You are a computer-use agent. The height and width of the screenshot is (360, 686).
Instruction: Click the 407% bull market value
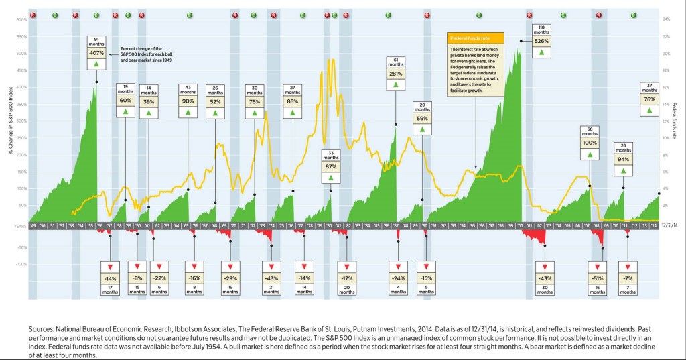96,52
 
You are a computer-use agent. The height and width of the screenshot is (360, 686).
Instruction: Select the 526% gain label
541,40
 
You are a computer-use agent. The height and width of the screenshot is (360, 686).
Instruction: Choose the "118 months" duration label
541,27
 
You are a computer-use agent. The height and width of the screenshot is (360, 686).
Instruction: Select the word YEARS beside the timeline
19,227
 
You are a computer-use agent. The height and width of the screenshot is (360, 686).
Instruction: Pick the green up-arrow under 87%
330,178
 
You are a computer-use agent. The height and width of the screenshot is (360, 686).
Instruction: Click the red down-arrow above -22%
159,266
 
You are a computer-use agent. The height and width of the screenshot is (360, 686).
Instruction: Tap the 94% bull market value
623,159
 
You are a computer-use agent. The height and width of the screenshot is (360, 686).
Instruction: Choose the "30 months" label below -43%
545,290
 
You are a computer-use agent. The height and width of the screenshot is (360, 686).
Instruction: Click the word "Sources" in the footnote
44,330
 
